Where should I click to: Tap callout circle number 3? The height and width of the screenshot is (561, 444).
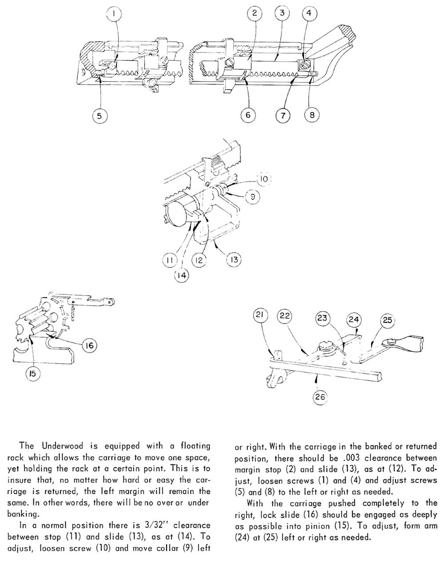point(282,13)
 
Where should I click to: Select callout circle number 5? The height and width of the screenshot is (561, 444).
point(100,116)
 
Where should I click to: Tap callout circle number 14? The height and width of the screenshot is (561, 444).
point(181,275)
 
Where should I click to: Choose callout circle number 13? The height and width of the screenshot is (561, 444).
point(234,260)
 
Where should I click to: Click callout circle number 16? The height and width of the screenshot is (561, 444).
point(90,345)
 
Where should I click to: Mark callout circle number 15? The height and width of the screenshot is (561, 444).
point(32,374)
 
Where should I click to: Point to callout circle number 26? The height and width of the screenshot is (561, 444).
point(320,397)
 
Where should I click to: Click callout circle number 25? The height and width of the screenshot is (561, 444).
point(387,320)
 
